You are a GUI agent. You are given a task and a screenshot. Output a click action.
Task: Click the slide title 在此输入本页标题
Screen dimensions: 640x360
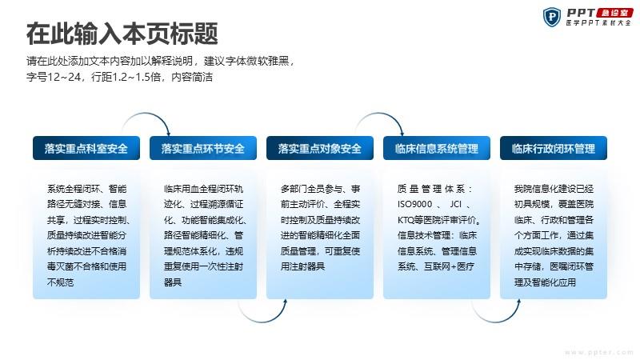122,34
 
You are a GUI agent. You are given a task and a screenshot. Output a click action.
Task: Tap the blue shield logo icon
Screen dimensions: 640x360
551,17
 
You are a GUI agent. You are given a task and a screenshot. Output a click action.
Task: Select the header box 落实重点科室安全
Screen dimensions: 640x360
86,148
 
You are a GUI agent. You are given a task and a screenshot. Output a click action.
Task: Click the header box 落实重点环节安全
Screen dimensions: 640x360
203,148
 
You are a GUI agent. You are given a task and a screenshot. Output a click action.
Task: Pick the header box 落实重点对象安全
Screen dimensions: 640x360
319,148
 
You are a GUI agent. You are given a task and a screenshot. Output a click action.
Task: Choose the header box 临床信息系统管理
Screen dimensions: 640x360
436,148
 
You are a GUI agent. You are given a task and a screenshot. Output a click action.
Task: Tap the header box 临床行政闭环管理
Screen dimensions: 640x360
553,148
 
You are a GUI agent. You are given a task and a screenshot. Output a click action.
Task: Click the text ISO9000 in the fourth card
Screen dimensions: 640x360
414,204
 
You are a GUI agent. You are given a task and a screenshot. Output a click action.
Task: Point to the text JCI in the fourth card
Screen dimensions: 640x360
455,204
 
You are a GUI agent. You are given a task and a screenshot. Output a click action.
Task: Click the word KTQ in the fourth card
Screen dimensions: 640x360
406,220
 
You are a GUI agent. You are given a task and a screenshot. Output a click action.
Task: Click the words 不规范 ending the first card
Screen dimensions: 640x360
60,282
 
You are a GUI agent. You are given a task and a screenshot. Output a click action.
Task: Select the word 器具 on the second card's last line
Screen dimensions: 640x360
173,282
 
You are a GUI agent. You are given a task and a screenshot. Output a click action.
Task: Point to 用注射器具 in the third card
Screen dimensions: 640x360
302,266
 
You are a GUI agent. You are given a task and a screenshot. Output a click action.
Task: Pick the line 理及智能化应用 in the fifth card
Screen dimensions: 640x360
545,282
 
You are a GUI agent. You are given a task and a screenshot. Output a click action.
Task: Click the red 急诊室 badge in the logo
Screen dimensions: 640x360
614,13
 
